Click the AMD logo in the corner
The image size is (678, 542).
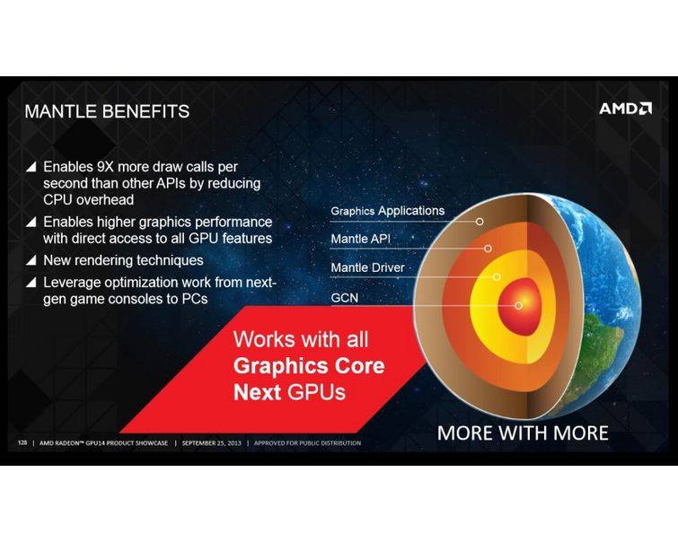coord(625,108)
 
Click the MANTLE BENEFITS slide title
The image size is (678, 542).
coord(107,111)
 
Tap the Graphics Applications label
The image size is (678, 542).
coord(387,211)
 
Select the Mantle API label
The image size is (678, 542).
coord(361,239)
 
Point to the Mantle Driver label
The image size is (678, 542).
coord(367,267)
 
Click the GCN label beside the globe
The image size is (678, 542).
coord(345,298)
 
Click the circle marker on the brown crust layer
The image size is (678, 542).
coord(480,222)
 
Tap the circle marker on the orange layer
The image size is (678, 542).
coord(488,249)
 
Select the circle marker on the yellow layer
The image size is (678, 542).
coord(497,276)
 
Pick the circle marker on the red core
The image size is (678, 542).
coord(518,306)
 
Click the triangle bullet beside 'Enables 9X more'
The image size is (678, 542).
coord(31,166)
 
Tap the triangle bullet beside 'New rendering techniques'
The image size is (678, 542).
coord(31,260)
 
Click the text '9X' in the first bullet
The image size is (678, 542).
coord(105,167)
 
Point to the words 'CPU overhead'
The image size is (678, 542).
coord(88,200)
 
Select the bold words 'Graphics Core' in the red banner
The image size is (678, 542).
coord(309,365)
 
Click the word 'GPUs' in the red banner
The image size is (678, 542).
coord(316,392)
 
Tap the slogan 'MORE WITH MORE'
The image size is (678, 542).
coord(523,433)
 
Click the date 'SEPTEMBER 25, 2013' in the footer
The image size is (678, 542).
coord(211,443)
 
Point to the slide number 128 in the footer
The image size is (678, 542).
coord(22,443)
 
